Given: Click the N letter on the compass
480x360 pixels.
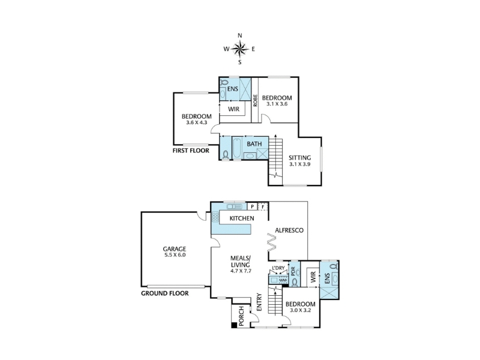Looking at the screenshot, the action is (240, 35).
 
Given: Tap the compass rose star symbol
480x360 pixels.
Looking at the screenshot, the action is (239, 49).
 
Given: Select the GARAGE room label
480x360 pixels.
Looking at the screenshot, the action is (174, 249).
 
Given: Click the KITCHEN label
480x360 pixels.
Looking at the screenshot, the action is (242, 218).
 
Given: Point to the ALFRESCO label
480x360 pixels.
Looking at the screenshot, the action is (289, 230).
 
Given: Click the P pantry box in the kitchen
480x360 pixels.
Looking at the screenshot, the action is (252, 206).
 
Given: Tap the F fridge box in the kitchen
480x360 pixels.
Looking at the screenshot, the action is (263, 206).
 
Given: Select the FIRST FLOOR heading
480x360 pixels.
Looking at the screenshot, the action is (191, 151).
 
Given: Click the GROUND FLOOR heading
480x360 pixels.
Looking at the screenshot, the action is (164, 293).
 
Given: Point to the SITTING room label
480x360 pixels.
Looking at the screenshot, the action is (300, 158).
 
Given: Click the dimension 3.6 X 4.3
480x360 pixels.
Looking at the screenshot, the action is (197, 122).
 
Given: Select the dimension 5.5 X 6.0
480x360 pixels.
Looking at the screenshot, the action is (175, 254).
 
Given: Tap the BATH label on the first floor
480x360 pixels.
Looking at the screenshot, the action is (254, 143).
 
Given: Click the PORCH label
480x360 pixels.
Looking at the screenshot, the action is (241, 316).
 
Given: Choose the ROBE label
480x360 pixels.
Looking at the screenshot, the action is (256, 100).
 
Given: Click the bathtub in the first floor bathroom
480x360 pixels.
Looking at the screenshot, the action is (237, 148).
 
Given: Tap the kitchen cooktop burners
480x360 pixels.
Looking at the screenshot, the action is (215, 217).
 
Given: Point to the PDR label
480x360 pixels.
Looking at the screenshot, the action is (293, 271).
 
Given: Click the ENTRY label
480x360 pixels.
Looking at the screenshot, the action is (259, 302).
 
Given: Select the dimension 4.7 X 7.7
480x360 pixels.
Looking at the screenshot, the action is (241, 271).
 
